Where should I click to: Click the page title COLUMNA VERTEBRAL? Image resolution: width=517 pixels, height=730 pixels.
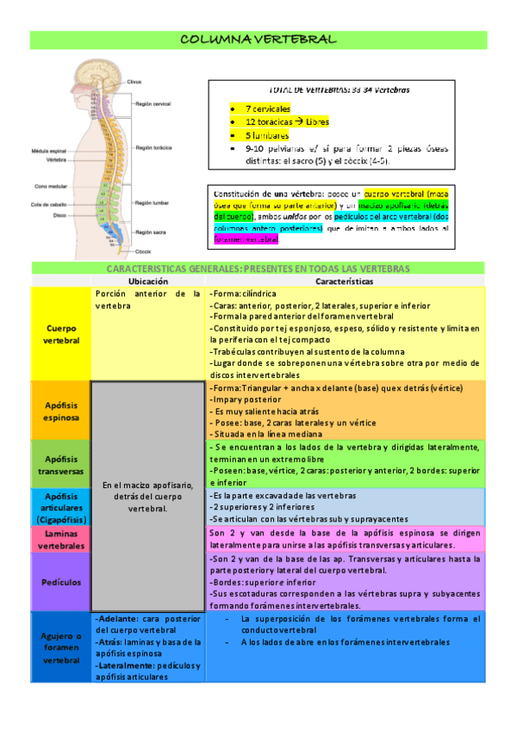(258, 40)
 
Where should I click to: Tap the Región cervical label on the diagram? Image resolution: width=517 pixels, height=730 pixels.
(153, 102)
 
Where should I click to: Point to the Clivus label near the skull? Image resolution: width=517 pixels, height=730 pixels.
(134, 82)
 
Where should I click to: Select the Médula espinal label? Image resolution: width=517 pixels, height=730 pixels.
(49, 149)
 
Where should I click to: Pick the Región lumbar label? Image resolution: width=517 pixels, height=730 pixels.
(153, 202)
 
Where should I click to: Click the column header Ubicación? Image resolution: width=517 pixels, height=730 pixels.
(147, 281)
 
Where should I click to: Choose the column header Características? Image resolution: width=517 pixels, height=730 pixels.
(344, 281)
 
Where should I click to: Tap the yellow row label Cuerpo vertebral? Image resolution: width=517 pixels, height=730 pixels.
(60, 333)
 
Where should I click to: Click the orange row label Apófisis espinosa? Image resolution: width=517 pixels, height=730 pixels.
(60, 411)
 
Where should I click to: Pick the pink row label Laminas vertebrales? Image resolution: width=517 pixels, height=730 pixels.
(60, 539)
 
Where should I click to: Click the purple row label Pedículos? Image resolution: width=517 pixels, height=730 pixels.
(60, 582)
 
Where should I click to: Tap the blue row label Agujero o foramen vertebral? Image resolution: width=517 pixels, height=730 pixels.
(60, 647)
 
